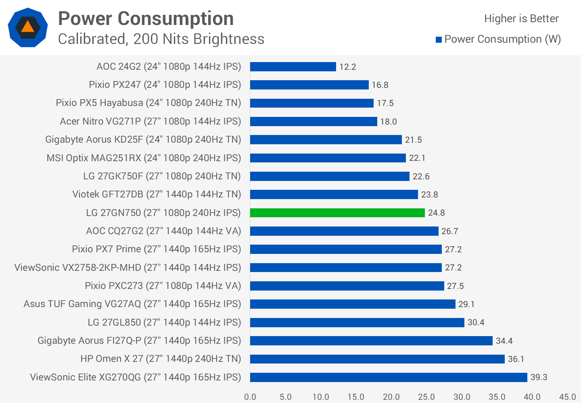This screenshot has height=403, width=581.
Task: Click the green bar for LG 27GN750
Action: pyautogui.click(x=337, y=213)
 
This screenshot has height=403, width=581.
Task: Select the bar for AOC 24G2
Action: pyautogui.click(x=293, y=66)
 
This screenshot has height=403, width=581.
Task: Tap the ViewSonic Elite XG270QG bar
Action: pyautogui.click(x=389, y=377)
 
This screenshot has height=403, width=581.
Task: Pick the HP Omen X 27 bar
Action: pyautogui.click(x=377, y=359)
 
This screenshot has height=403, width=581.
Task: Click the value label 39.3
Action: pyautogui.click(x=539, y=377)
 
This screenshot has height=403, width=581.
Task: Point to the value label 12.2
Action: pyautogui.click(x=347, y=67)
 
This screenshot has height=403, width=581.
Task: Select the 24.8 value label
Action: pyautogui.click(x=436, y=213)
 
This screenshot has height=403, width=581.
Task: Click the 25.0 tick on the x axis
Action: pyautogui.click(x=426, y=397)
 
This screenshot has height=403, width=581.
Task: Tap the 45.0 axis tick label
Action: pyautogui.click(x=567, y=397)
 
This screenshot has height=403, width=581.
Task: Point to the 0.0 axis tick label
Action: pyautogui.click(x=250, y=397)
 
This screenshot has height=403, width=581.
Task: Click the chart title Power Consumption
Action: pyautogui.click(x=146, y=19)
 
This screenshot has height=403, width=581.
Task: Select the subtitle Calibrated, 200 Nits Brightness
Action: pyautogui.click(x=161, y=39)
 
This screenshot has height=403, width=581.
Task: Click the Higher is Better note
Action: pyautogui.click(x=521, y=19)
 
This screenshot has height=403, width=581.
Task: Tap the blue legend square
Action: pyautogui.click(x=439, y=39)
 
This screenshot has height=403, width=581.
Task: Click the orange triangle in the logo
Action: pyautogui.click(x=27, y=27)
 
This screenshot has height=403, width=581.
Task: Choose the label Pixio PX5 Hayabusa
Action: pyautogui.click(x=148, y=103)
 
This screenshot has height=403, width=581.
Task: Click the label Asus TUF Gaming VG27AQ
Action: pyautogui.click(x=132, y=304)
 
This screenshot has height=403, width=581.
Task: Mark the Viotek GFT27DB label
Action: pyautogui.click(x=157, y=194)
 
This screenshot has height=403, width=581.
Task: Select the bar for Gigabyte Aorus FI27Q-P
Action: pyautogui.click(x=371, y=341)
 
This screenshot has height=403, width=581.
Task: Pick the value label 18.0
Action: pyautogui.click(x=388, y=122)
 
